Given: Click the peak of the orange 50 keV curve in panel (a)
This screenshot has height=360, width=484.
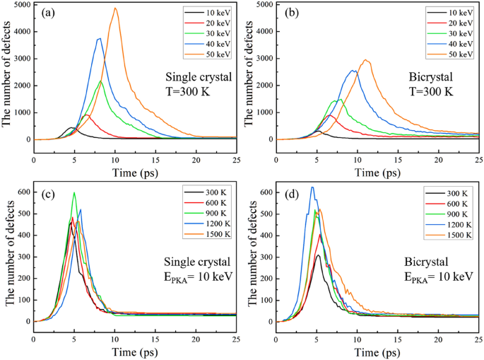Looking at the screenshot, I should pyautogui.click(x=115, y=8).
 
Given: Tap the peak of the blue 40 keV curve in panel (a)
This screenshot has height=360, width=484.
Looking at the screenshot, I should pyautogui.click(x=100, y=38).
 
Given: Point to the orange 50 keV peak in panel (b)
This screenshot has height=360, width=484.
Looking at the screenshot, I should pyautogui.click(x=365, y=60).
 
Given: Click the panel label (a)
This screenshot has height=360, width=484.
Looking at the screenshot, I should pyautogui.click(x=49, y=13).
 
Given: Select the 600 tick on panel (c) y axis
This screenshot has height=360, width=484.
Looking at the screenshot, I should pyautogui.click(x=24, y=192).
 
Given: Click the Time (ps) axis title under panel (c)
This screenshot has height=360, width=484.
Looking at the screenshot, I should pyautogui.click(x=134, y=349).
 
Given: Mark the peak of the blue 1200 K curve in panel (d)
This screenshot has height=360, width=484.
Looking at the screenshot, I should pyautogui.click(x=312, y=187).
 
